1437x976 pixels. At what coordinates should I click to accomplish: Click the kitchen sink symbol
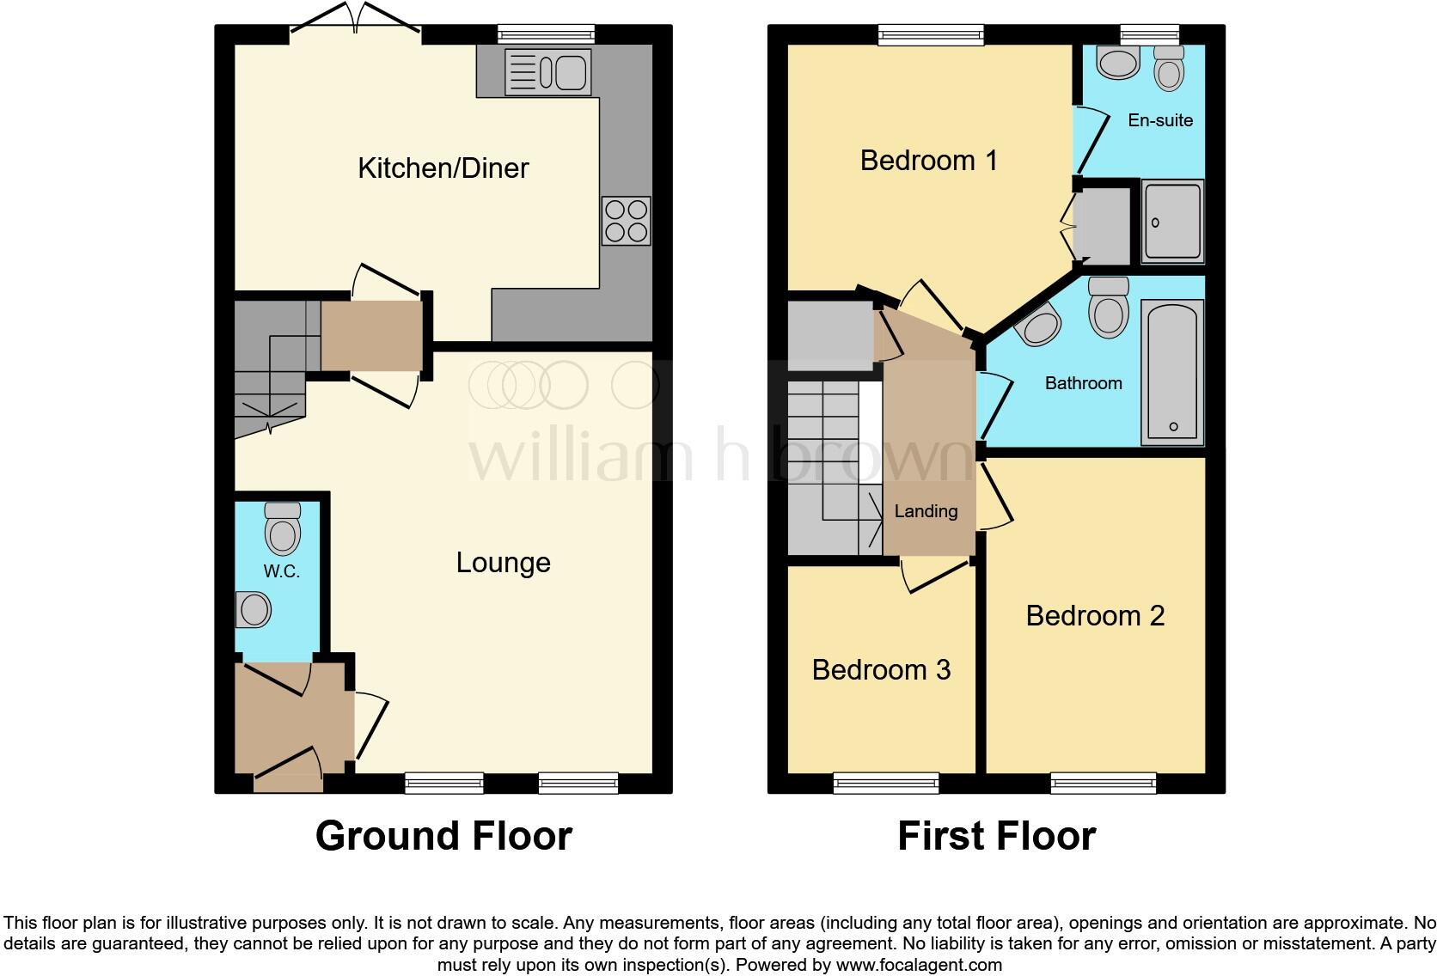pyautogui.click(x=547, y=71)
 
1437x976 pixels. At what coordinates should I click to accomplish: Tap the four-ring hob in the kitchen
pyautogui.click(x=626, y=221)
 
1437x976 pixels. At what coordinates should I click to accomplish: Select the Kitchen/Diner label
pyautogui.click(x=443, y=168)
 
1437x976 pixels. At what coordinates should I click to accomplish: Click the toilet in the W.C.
pyautogui.click(x=283, y=528)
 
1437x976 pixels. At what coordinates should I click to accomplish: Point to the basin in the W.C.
pyautogui.click(x=253, y=610)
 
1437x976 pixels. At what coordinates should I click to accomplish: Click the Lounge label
pyautogui.click(x=503, y=563)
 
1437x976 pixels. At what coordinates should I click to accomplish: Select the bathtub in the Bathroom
pyautogui.click(x=1172, y=371)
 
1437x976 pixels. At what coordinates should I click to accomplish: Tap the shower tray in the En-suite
pyautogui.click(x=1171, y=222)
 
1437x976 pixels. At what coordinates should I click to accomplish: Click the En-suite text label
pyautogui.click(x=1160, y=120)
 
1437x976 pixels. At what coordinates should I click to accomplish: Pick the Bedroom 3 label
pyautogui.click(x=881, y=670)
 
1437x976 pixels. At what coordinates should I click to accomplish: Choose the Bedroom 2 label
pyautogui.click(x=1095, y=616)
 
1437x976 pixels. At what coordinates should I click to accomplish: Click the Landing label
pyautogui.click(x=926, y=511)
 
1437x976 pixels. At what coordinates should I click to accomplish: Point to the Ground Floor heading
pyautogui.click(x=443, y=836)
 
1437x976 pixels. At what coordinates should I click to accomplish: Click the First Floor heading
pyautogui.click(x=996, y=836)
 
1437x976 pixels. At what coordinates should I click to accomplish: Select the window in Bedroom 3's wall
pyautogui.click(x=886, y=782)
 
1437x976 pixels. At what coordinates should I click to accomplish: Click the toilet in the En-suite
pyautogui.click(x=1169, y=68)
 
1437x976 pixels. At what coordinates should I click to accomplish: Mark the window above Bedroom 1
pyautogui.click(x=931, y=35)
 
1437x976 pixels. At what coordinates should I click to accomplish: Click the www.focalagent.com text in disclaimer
pyautogui.click(x=919, y=965)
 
